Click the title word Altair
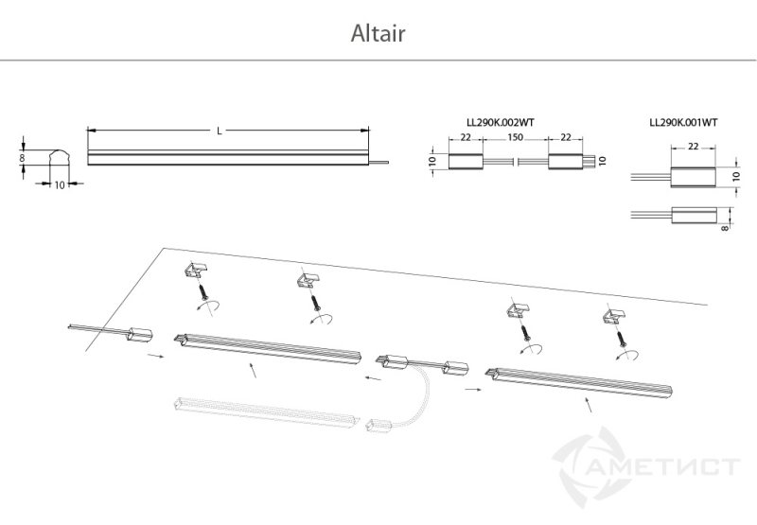[x=378, y=33]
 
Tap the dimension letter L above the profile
[x=220, y=131]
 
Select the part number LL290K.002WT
[x=501, y=123]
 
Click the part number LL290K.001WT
[x=683, y=123]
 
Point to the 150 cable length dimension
[x=515, y=137]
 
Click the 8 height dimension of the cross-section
[x=22, y=158]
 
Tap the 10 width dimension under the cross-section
[x=60, y=184]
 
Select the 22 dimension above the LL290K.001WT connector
[x=693, y=147]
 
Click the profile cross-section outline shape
[x=60, y=157]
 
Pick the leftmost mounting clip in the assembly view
[x=196, y=270]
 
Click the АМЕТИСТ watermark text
[x=665, y=466]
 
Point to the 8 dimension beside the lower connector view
[x=725, y=226]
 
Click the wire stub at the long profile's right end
[x=378, y=163]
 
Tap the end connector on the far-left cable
[x=140, y=335]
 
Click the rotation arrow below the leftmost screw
[x=208, y=306]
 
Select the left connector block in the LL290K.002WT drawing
[x=466, y=161]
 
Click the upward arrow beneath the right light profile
[x=588, y=404]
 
